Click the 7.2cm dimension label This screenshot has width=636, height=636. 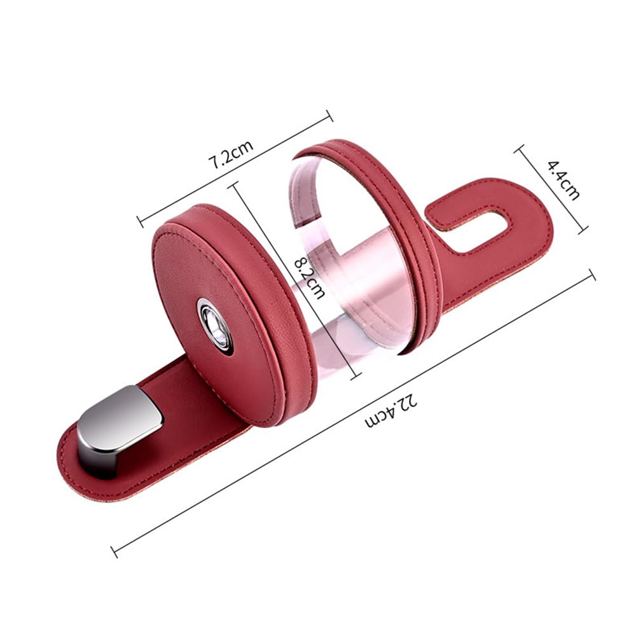(232, 153)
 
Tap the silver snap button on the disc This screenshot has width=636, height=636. (215, 322)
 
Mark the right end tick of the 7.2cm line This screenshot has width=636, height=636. (329, 115)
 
